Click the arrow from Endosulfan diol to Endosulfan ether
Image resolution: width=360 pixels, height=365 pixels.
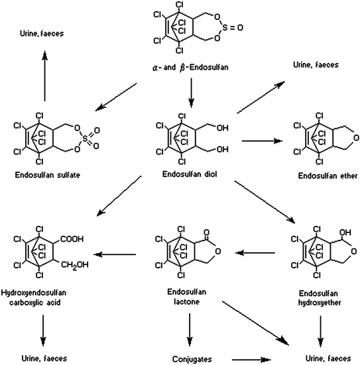tap(263, 140)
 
